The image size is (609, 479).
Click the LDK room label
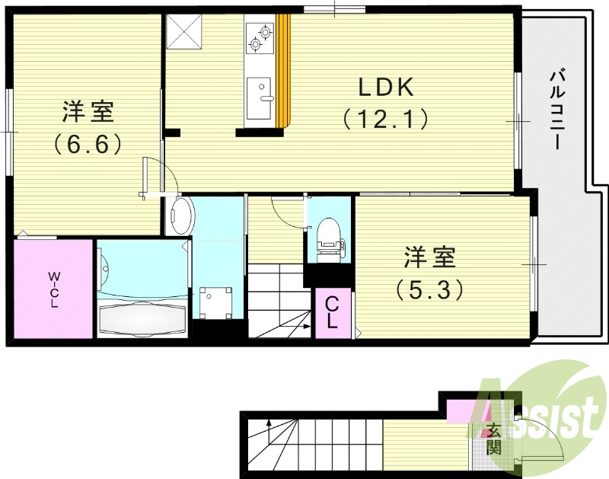click(x=387, y=88)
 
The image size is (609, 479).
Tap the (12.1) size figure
click(x=386, y=119)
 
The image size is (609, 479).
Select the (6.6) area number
click(x=88, y=144)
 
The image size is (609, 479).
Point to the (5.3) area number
click(x=429, y=289)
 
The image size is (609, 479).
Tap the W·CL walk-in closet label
click(x=54, y=289)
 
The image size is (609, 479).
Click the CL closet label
click(x=332, y=313)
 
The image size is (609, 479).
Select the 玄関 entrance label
click(x=496, y=438)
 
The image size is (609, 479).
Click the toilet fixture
click(x=329, y=236)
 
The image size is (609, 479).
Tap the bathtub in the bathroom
click(x=142, y=318)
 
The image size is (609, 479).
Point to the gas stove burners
click(x=260, y=37)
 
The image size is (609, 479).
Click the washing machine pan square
click(x=216, y=303)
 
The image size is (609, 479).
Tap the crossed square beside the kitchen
click(x=184, y=32)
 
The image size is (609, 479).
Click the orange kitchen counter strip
click(x=284, y=72)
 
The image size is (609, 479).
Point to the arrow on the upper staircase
click(x=304, y=326)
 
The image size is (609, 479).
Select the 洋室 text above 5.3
click(x=429, y=257)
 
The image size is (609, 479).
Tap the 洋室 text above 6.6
click(x=88, y=113)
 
